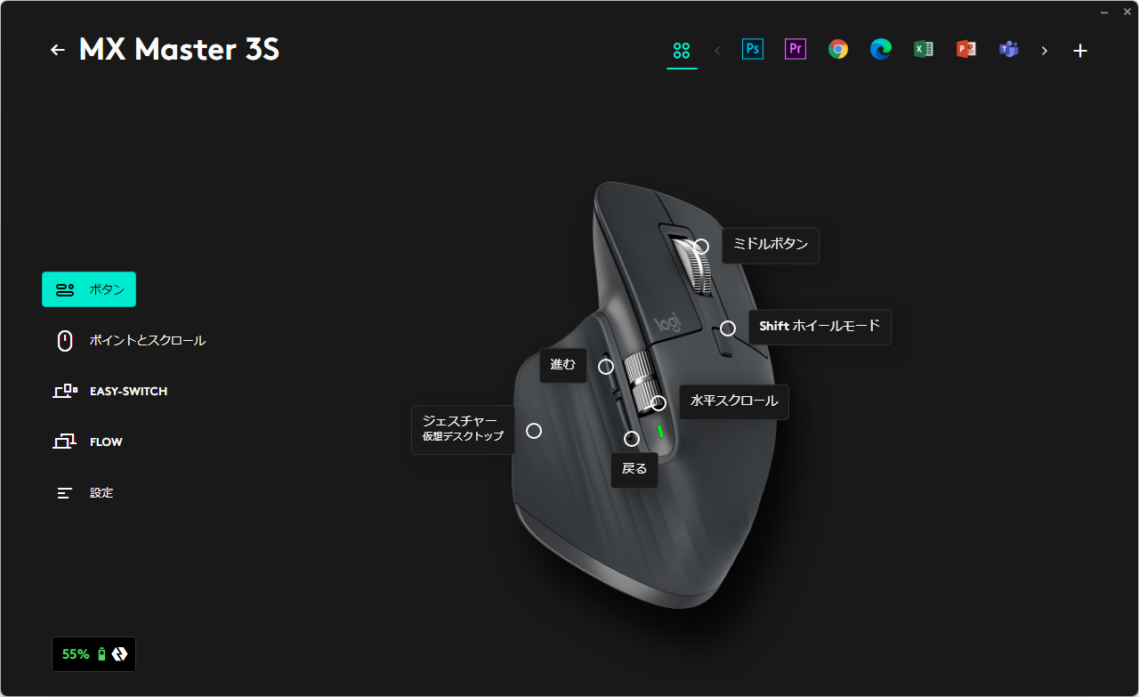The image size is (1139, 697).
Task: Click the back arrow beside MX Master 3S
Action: (x=58, y=50)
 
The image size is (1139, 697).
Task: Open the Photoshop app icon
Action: (x=753, y=49)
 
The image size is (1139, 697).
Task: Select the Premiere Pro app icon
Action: (x=796, y=49)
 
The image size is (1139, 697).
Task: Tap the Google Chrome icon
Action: (x=838, y=49)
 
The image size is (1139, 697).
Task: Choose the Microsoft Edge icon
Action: (x=881, y=49)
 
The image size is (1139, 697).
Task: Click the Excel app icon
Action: (x=924, y=49)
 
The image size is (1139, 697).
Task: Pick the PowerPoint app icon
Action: (x=966, y=49)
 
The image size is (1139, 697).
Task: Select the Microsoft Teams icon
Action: (x=1009, y=49)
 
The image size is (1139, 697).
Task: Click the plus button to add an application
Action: (x=1080, y=51)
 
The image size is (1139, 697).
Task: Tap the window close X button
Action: (x=1127, y=12)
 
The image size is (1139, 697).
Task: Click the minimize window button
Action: (x=1104, y=12)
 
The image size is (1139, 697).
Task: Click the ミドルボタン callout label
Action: (x=771, y=245)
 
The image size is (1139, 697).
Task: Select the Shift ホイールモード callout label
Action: (x=820, y=327)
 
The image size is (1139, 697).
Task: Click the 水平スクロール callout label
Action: (x=734, y=401)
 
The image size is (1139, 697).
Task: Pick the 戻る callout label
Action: (x=634, y=469)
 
